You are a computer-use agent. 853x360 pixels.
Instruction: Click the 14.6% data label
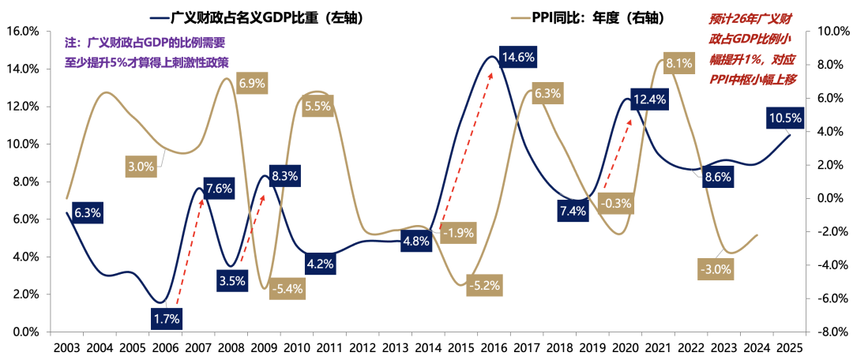click(x=518, y=57)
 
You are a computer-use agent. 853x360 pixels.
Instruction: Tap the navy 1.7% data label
click(x=167, y=318)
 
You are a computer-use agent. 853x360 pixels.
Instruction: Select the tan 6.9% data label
click(x=252, y=83)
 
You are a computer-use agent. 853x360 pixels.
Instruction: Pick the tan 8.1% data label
click(x=679, y=62)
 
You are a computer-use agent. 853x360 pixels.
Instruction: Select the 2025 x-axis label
click(x=791, y=347)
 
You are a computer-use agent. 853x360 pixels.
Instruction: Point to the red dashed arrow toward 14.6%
click(x=466, y=146)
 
